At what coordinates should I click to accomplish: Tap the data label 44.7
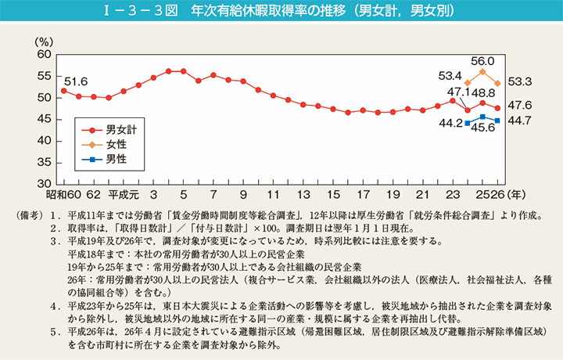[521, 120]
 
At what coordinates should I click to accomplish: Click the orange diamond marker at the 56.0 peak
[482, 72]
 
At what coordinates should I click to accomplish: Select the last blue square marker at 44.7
[497, 121]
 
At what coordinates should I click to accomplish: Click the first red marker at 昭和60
[63, 91]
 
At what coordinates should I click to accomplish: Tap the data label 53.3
[521, 81]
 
